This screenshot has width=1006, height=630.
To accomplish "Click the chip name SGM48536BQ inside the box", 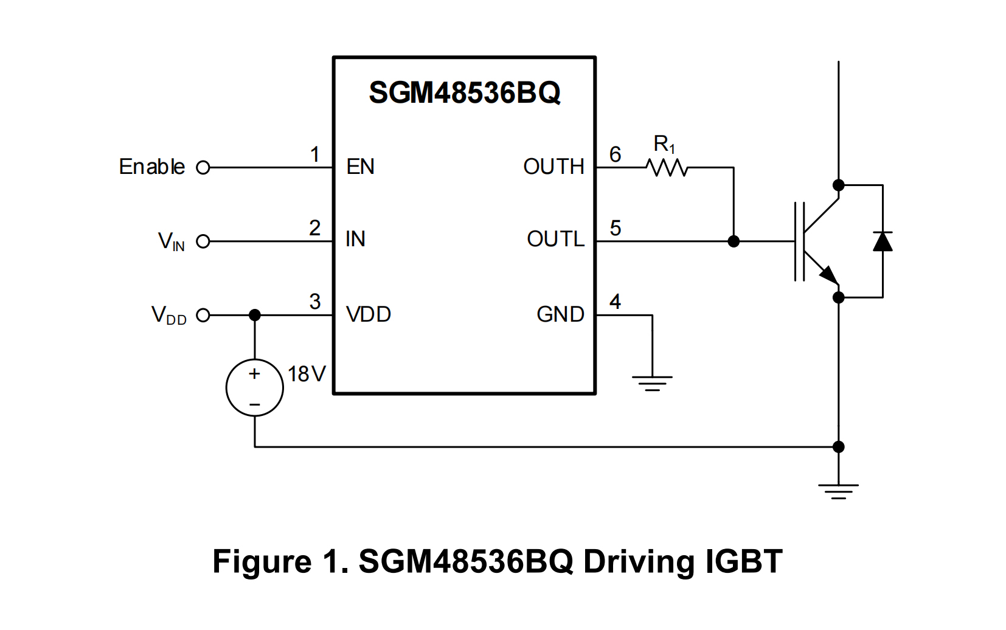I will click(x=464, y=93).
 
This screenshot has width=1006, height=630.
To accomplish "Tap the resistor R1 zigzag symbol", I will click(x=667, y=167).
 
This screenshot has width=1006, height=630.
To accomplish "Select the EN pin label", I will click(x=360, y=167).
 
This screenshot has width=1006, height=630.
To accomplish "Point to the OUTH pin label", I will click(x=553, y=167).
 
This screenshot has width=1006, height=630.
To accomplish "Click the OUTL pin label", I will click(x=555, y=239).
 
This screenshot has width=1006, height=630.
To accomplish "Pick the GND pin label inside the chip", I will click(x=560, y=314).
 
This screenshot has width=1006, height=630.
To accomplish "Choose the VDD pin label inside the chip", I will click(x=368, y=314).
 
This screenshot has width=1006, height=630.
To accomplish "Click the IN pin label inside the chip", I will click(x=355, y=239).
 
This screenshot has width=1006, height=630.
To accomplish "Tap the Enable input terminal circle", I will click(x=203, y=167).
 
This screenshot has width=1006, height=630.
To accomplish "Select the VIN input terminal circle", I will click(x=203, y=241).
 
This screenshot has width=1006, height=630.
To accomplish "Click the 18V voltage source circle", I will click(x=254, y=387).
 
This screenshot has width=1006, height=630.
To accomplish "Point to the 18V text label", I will click(x=307, y=374).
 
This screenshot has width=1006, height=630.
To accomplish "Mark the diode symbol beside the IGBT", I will click(x=882, y=241).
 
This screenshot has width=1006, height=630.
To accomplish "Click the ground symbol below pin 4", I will click(x=652, y=382).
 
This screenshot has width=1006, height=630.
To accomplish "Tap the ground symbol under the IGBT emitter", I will click(x=838, y=491).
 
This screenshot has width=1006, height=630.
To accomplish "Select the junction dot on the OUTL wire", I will click(x=734, y=241).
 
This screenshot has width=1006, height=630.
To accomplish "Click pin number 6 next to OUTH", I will click(x=615, y=154).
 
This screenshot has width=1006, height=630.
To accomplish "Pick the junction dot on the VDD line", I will click(x=254, y=315).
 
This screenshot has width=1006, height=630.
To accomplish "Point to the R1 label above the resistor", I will click(x=664, y=144).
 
